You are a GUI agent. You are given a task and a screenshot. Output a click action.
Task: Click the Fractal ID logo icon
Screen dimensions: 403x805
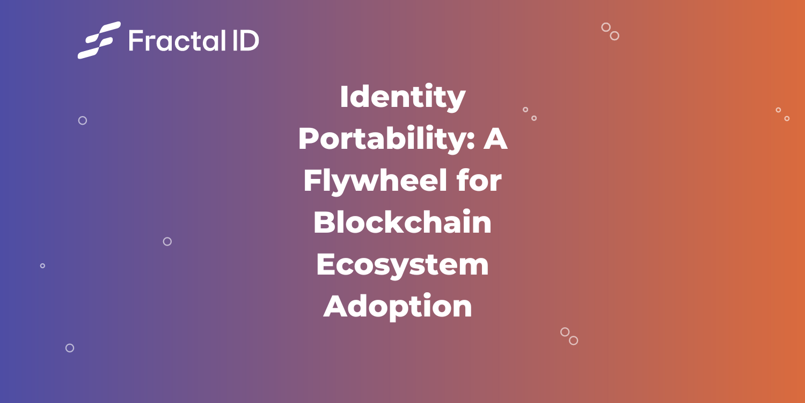[99, 40]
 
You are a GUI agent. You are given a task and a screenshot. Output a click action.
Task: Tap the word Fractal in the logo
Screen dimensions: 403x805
[171, 40]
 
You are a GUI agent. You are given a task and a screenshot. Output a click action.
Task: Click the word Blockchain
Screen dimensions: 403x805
[402, 222]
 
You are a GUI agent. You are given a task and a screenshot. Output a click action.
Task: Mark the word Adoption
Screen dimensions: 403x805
[398, 306]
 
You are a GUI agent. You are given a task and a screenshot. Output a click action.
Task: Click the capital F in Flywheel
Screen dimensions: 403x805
[312, 181]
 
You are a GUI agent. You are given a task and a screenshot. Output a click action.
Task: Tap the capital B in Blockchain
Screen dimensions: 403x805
[324, 222]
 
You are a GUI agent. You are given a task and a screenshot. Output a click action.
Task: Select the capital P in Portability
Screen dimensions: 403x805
[309, 139]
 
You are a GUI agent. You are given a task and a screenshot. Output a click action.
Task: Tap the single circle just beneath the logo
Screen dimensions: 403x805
[83, 120]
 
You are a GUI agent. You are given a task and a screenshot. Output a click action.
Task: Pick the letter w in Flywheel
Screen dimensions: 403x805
[368, 183]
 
